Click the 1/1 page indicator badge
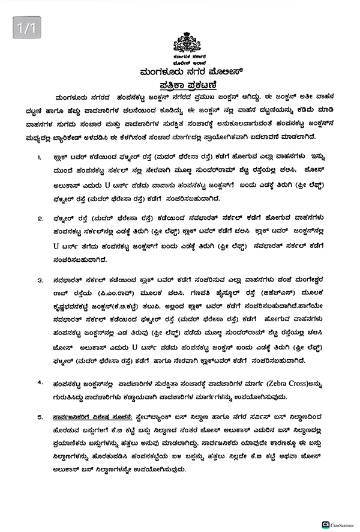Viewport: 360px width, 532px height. pyautogui.click(x=26, y=28)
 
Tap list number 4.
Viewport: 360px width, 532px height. pyautogui.click(x=40, y=382)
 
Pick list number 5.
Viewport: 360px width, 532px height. pyautogui.click(x=40, y=416)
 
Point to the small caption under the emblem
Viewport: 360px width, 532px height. pyautogui.click(x=187, y=58)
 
